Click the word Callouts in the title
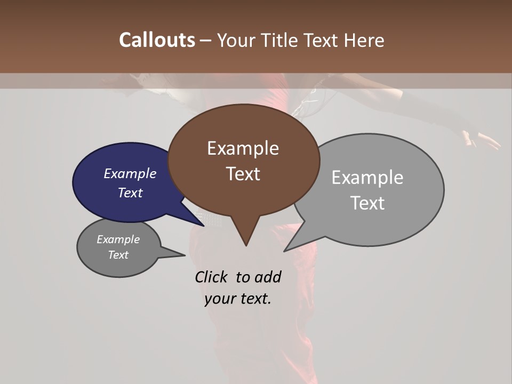157,40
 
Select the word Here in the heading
363,40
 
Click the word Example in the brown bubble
243,148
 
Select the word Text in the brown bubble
243,174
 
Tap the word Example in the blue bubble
130,173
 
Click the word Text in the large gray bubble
367,203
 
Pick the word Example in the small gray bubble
118,239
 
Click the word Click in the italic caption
212,277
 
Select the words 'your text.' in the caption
238,299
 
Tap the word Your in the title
237,40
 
